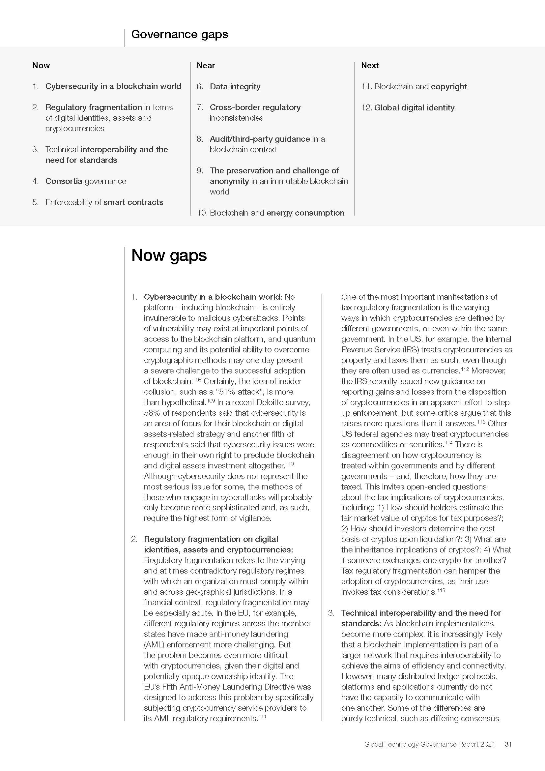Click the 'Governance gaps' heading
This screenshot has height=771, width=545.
(180, 34)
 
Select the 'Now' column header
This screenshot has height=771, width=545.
(41, 66)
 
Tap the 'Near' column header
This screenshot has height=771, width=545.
(206, 66)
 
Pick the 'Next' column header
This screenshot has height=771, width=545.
(370, 66)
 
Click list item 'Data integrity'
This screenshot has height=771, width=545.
(235, 87)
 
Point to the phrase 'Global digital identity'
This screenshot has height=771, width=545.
(414, 108)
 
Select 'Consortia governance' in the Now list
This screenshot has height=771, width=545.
(86, 181)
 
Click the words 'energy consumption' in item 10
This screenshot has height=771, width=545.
(305, 213)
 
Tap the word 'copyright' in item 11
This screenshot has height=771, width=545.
(449, 87)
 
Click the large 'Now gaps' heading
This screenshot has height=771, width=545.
(169, 255)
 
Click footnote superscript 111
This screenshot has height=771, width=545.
(262, 716)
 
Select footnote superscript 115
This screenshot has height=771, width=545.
(441, 590)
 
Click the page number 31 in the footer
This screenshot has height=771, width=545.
(508, 744)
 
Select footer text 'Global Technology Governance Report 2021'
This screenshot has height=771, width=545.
(430, 744)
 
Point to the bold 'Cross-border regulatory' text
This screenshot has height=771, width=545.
(255, 107)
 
